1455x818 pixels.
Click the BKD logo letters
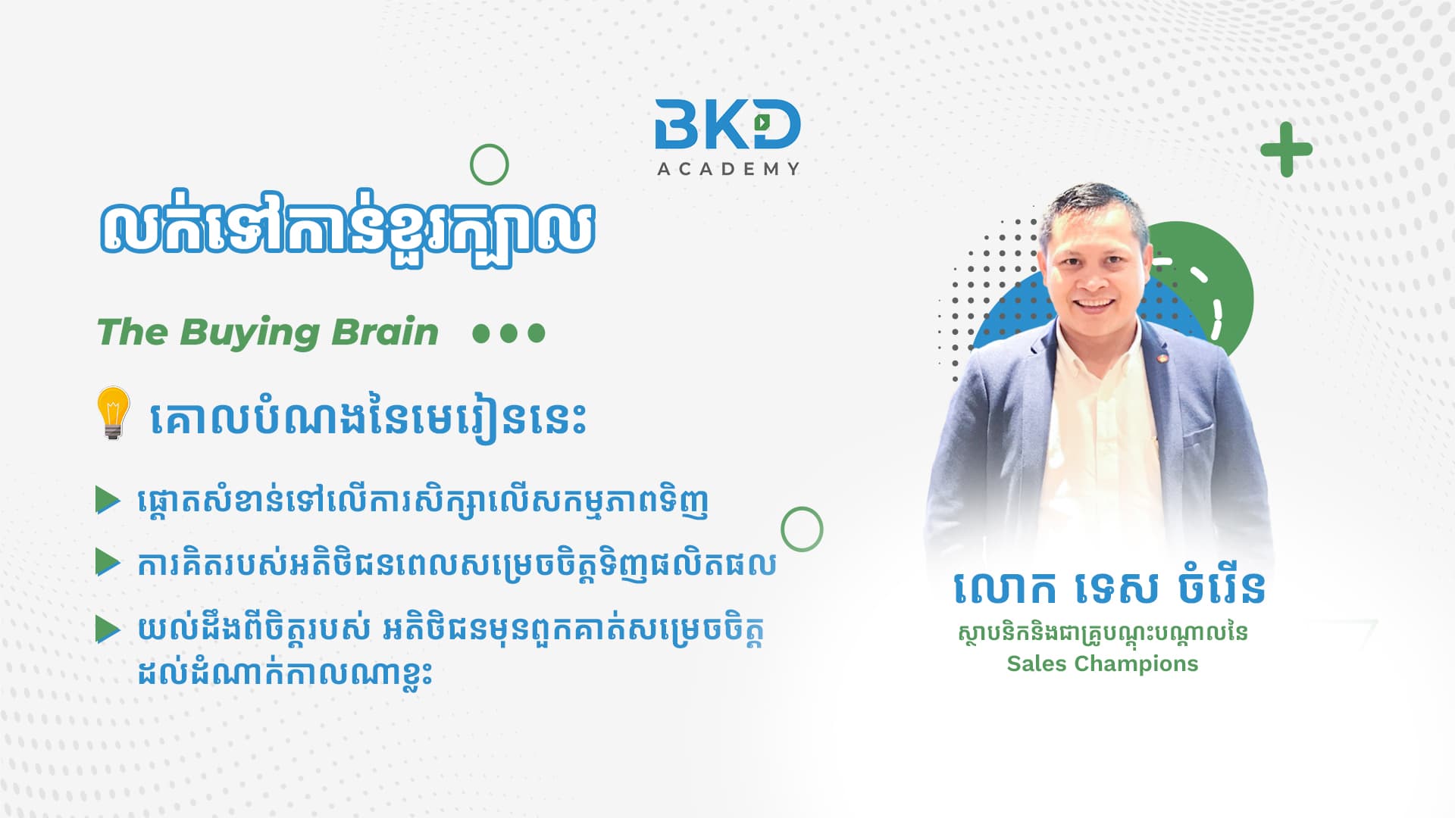click(727, 123)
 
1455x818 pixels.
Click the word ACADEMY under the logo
click(728, 169)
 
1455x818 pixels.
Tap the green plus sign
click(1286, 149)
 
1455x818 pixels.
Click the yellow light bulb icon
click(113, 413)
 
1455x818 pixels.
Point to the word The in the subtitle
click(132, 332)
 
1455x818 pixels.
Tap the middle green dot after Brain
click(508, 333)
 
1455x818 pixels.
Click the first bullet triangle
click(108, 501)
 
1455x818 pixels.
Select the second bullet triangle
click(108, 563)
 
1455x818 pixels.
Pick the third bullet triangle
click(108, 629)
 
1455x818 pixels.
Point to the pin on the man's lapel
click(1157, 354)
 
